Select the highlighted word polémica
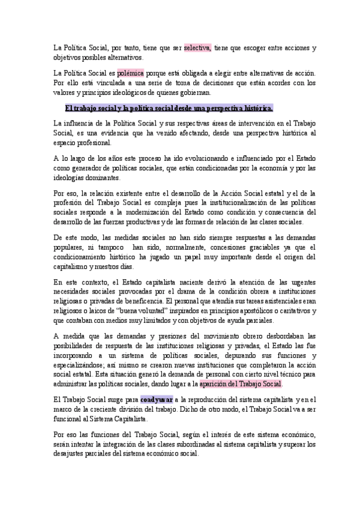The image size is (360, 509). click(x=130, y=73)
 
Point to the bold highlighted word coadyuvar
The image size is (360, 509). click(x=157, y=382)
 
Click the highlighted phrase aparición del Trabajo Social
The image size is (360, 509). click(x=249, y=367)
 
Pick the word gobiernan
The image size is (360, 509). click(x=193, y=93)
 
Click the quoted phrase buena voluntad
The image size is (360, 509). click(x=138, y=311)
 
